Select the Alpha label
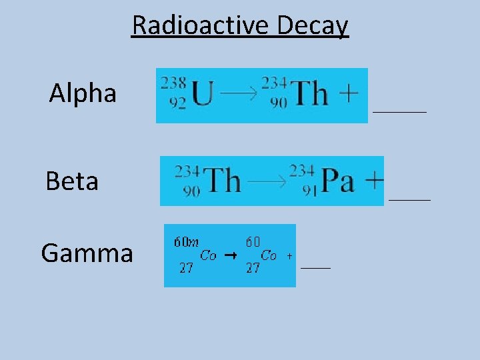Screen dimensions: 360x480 tap(83, 93)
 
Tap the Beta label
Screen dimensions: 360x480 tap(72, 181)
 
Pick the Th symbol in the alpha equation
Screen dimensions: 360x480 tap(311, 94)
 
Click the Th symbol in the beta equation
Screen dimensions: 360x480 tap(222, 180)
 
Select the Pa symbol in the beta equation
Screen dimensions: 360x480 tap(338, 181)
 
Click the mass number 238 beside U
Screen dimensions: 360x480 tap(173, 83)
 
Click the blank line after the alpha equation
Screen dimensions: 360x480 tap(399, 112)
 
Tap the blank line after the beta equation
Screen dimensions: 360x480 tap(409, 199)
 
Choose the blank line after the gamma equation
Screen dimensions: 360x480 tap(316, 267)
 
